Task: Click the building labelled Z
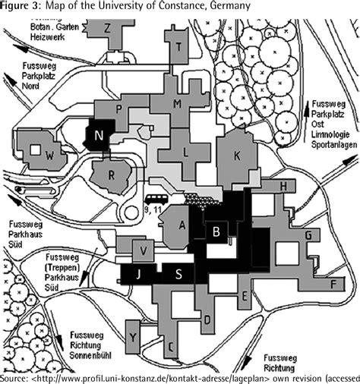(108, 28)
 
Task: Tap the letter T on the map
(179, 46)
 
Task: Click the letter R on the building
(111, 175)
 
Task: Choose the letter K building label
(237, 155)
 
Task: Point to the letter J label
(138, 275)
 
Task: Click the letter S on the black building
(178, 275)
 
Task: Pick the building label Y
(134, 335)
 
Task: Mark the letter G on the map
(308, 237)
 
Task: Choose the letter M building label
(177, 103)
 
